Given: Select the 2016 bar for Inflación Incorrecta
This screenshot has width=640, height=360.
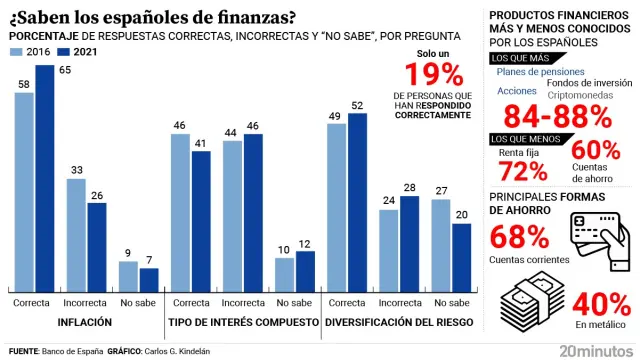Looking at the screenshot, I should point(77,236).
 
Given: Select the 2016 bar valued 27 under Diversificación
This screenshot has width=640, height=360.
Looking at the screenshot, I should point(441,245).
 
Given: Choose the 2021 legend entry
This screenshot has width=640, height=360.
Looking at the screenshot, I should point(79,50).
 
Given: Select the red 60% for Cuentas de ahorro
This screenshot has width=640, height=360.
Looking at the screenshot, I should point(596,149).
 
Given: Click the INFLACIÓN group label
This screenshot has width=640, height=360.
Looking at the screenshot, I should point(84,323).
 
